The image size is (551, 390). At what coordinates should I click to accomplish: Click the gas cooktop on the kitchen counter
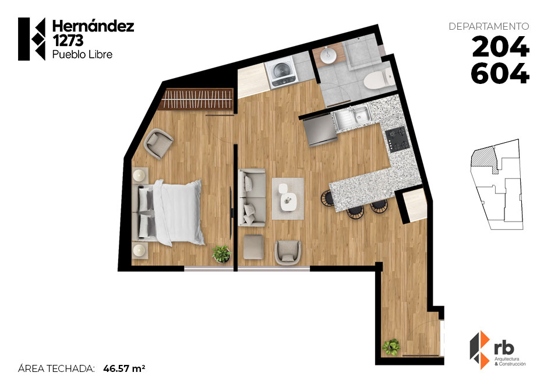tap(397, 139)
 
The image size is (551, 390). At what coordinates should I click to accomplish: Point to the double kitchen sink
tap(352, 117)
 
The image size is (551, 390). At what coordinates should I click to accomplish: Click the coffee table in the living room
tap(288, 198)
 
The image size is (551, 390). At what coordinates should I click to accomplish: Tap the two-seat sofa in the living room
tap(252, 197)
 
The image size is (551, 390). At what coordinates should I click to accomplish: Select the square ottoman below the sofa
tap(253, 247)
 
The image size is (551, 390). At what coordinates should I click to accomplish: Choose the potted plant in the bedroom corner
tap(221, 254)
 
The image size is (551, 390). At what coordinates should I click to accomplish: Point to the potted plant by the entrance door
tap(391, 347)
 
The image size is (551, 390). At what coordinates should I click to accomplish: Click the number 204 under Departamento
tap(500, 47)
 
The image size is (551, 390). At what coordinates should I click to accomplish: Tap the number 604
tap(500, 73)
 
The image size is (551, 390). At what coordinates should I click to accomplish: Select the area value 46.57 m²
tap(124, 368)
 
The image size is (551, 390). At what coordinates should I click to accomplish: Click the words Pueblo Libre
tap(82, 55)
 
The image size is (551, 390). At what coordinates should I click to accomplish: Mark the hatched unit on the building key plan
tap(484, 159)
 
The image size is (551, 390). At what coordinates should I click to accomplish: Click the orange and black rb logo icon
tap(480, 350)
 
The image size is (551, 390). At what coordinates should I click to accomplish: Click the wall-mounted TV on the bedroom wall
tap(231, 213)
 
